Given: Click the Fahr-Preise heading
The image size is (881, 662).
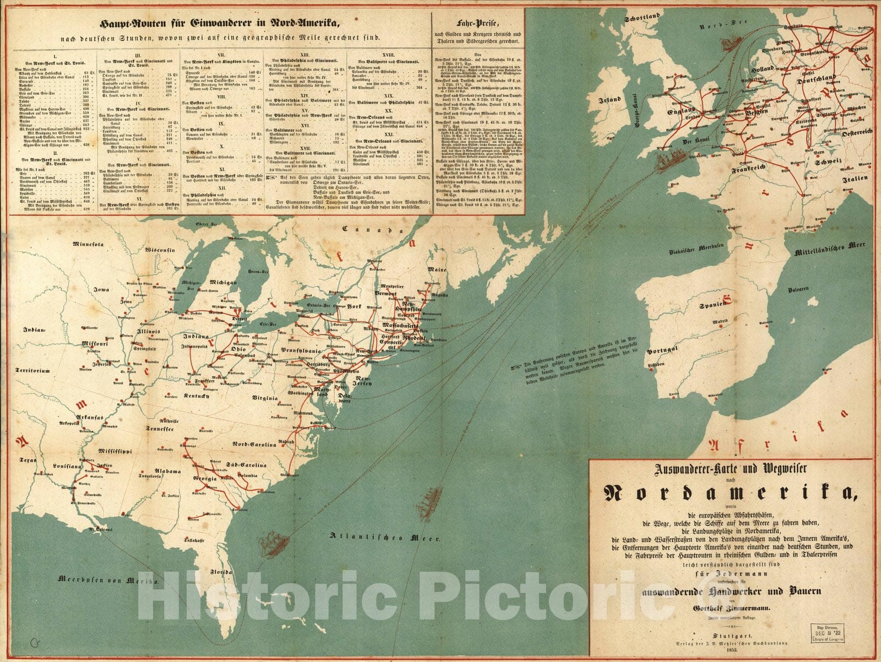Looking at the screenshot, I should (477, 23).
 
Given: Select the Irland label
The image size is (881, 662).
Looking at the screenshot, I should (611, 101).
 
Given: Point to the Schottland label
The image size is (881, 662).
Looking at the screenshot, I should (642, 18).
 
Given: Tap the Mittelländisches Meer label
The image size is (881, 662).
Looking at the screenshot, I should (834, 251).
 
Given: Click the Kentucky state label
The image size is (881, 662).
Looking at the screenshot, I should (197, 396).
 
